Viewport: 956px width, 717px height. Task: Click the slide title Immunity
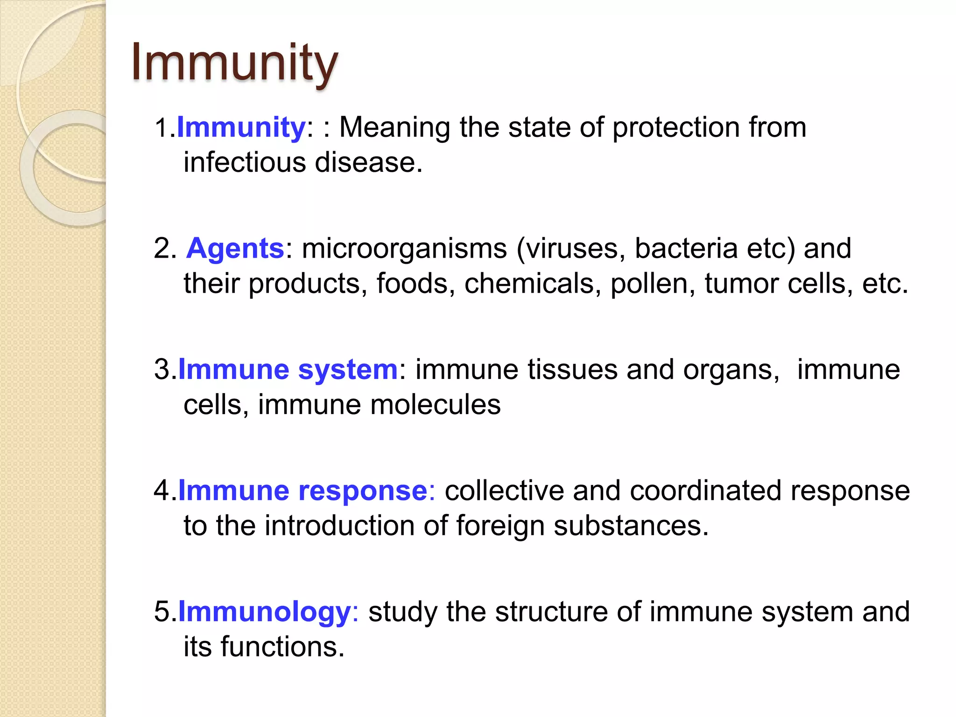(x=234, y=63)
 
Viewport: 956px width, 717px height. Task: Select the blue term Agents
(x=235, y=248)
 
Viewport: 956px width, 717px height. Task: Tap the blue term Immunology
(x=264, y=612)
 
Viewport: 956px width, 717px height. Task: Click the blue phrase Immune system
(x=288, y=369)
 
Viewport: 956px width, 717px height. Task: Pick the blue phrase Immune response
(x=303, y=491)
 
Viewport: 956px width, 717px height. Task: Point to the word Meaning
(x=394, y=127)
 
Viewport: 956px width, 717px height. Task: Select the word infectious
(x=245, y=162)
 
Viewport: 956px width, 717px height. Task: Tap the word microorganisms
(x=404, y=248)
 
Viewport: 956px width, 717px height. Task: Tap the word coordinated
(x=705, y=491)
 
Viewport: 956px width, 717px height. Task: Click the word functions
(x=282, y=647)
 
